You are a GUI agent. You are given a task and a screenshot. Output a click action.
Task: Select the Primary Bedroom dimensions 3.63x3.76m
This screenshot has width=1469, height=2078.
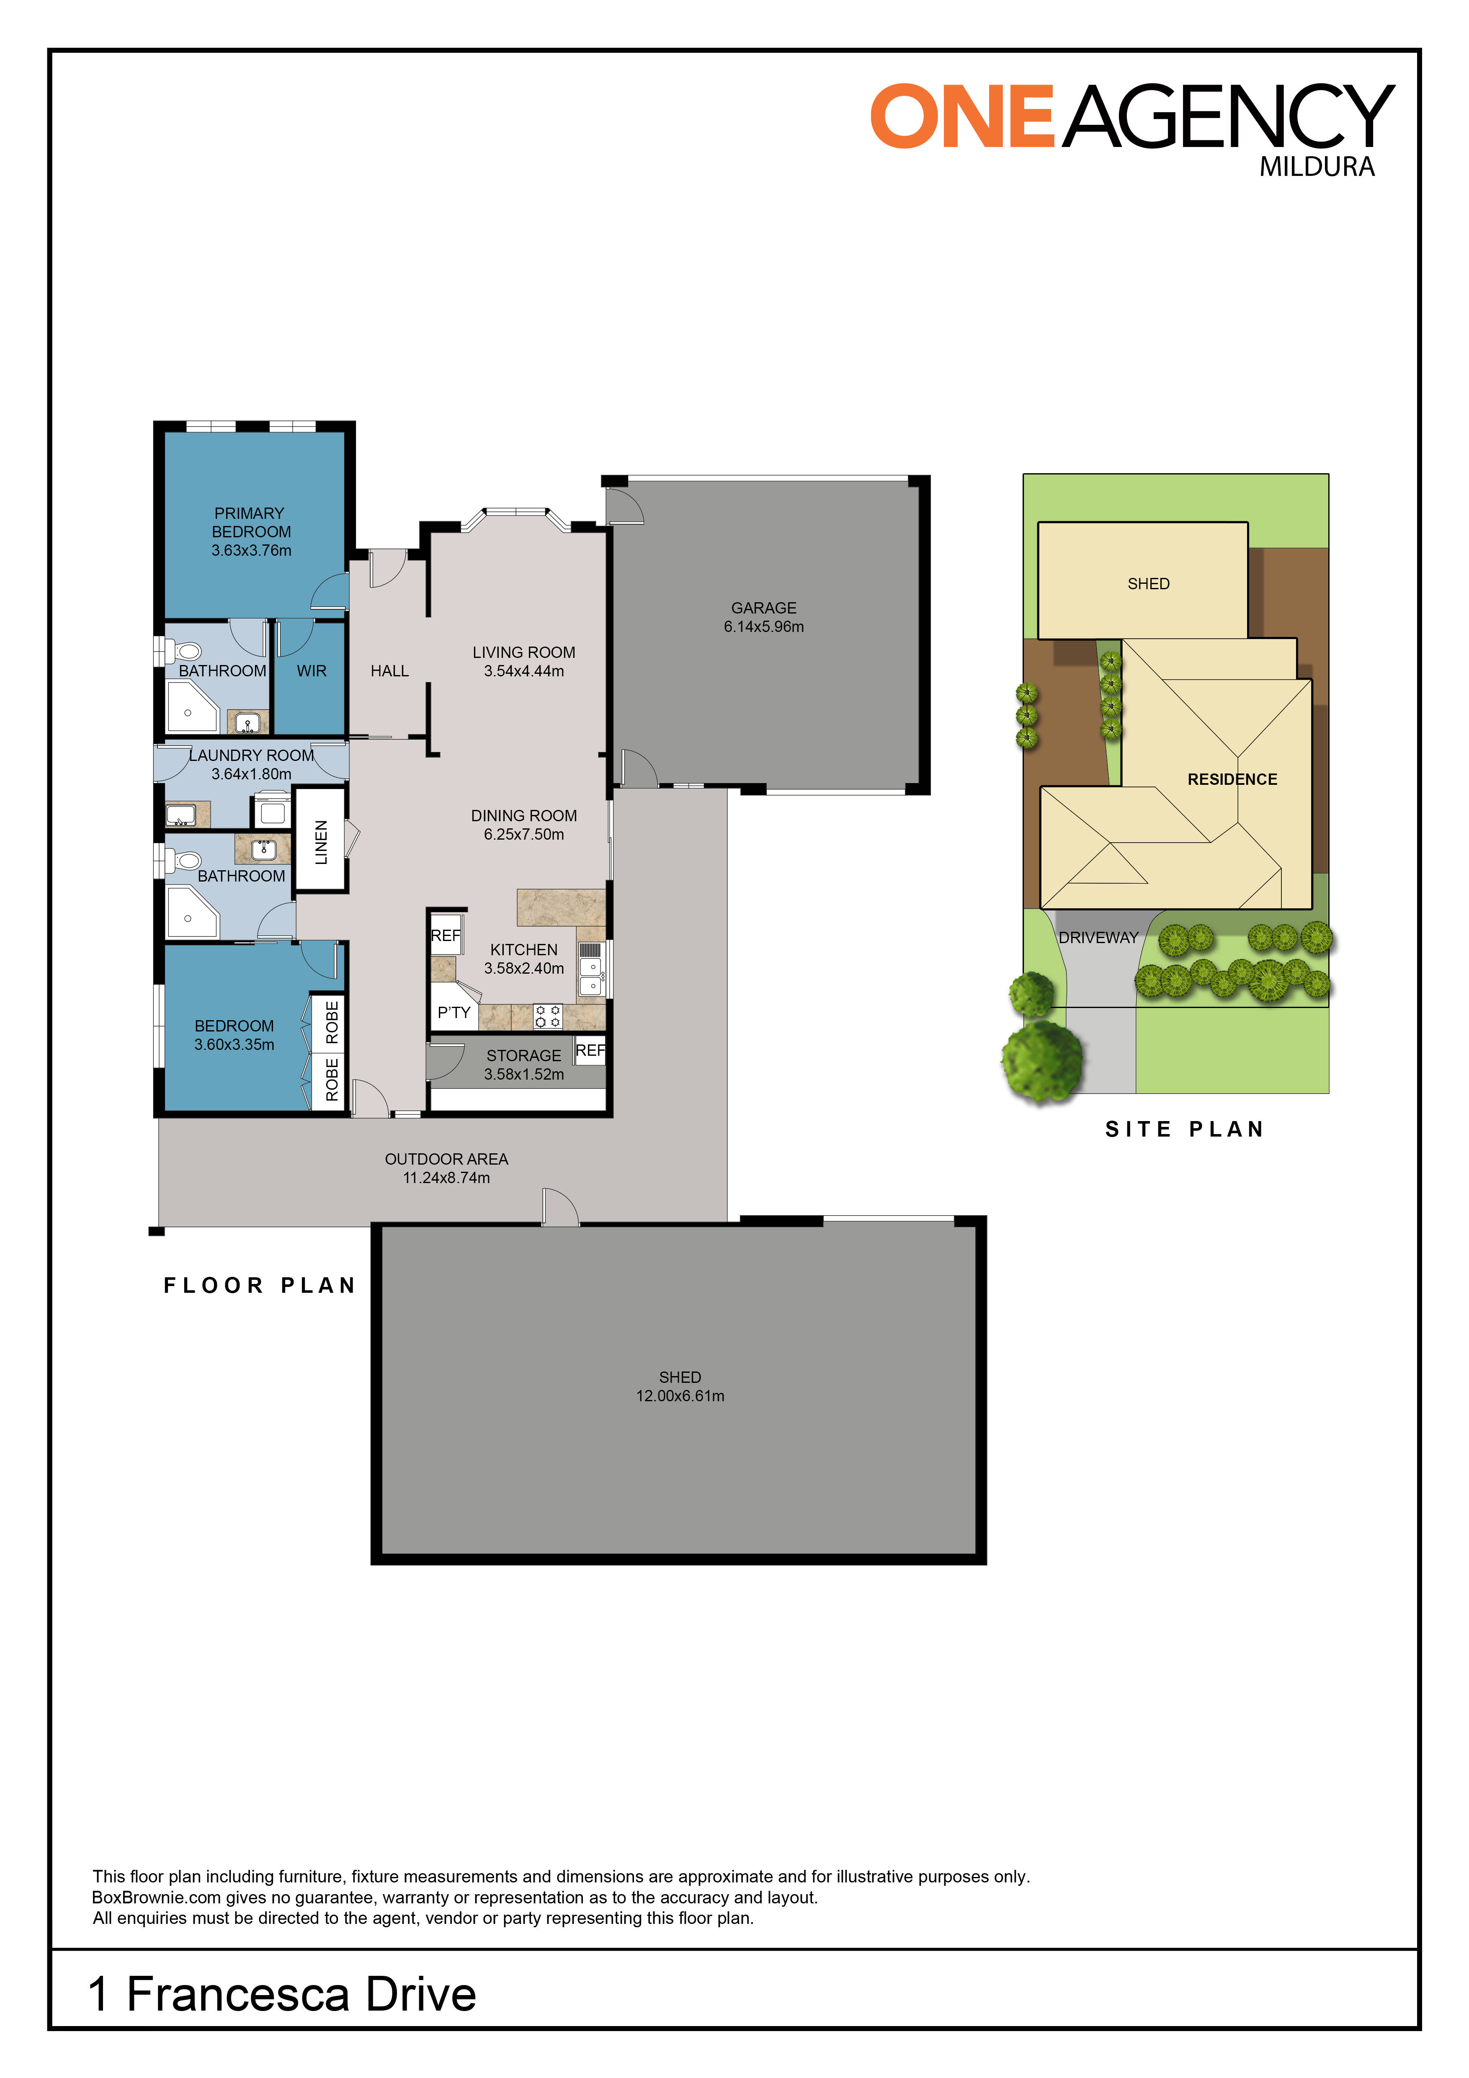click(x=252, y=550)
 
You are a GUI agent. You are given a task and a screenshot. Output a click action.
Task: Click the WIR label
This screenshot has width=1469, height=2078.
click(x=312, y=670)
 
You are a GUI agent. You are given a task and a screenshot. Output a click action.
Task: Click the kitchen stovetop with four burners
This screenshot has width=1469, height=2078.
click(x=548, y=1016)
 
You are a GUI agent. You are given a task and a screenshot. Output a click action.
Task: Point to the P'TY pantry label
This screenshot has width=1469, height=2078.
click(x=454, y=1012)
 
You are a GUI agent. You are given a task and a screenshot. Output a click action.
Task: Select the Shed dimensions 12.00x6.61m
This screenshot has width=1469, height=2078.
click(x=680, y=1395)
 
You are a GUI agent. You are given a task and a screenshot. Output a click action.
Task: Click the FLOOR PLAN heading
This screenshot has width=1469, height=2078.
click(x=260, y=1285)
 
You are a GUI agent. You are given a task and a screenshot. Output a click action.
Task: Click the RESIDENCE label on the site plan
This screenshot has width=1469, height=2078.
click(x=1232, y=779)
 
